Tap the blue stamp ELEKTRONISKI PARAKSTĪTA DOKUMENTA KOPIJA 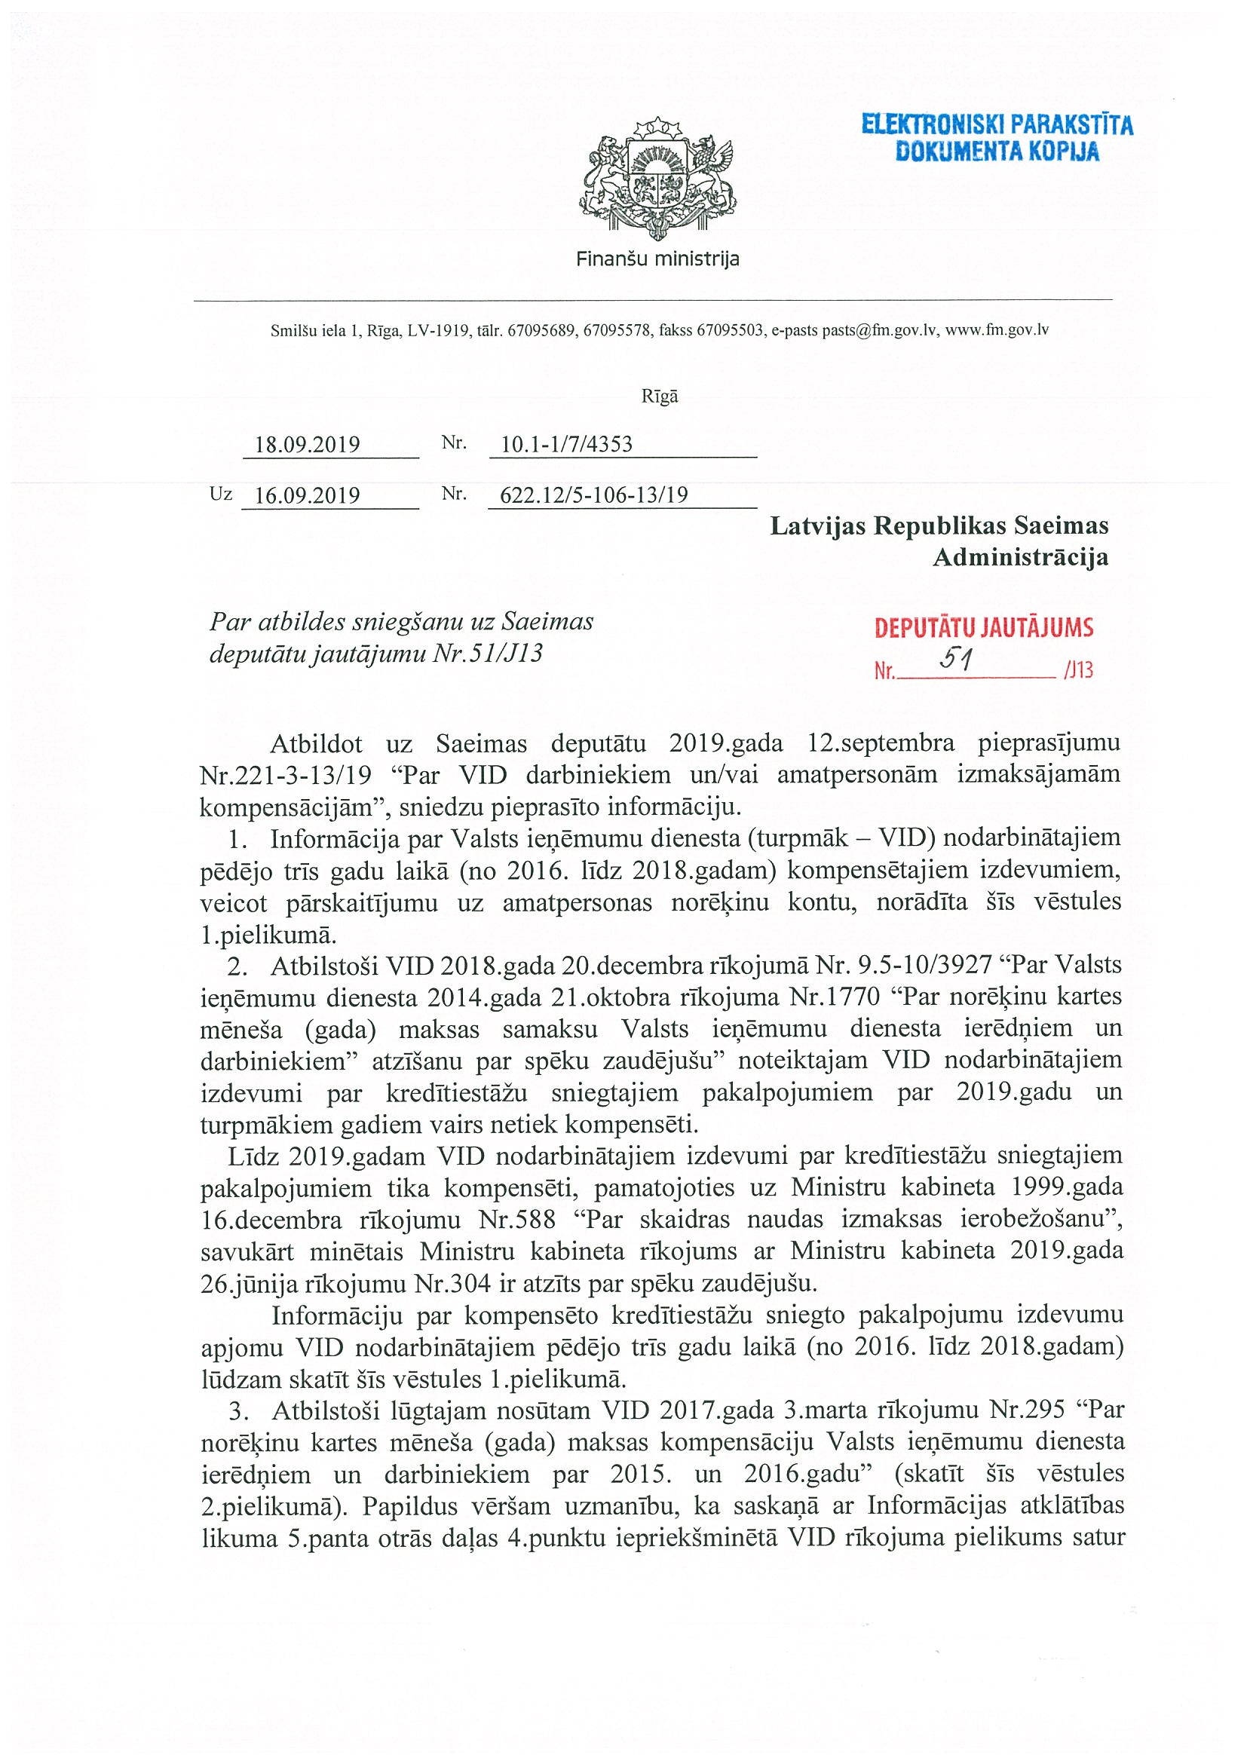pyautogui.click(x=997, y=137)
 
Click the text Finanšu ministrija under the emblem pyautogui.click(x=657, y=259)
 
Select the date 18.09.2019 pyautogui.click(x=308, y=445)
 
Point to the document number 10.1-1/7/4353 pyautogui.click(x=566, y=444)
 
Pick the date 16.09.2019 pyautogui.click(x=308, y=495)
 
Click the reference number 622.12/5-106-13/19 pyautogui.click(x=594, y=495)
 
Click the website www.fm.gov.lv pyautogui.click(x=997, y=331)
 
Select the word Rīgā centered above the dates pyautogui.click(x=659, y=397)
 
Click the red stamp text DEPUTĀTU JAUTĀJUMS pyautogui.click(x=983, y=629)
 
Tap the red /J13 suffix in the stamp pyautogui.click(x=1079, y=671)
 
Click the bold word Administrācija pyautogui.click(x=1020, y=557)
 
